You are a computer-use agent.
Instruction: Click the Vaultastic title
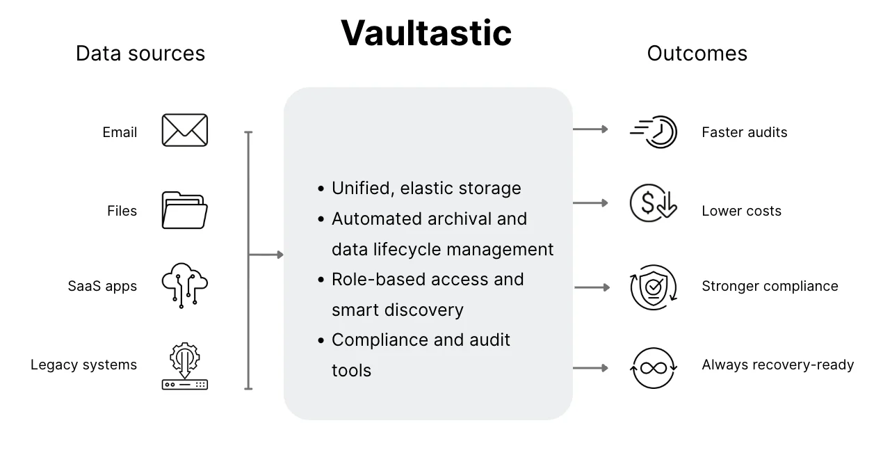pos(426,33)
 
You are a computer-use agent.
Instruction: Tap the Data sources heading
pos(140,54)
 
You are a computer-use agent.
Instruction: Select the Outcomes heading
pos(697,54)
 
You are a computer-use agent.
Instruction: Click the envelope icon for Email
pos(184,130)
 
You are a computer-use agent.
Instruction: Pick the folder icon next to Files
pos(184,210)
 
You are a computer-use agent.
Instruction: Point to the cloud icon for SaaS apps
pos(184,285)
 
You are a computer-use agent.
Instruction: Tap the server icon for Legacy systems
pos(184,365)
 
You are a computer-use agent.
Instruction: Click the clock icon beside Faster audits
pos(654,131)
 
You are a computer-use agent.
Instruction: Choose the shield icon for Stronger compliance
pos(654,287)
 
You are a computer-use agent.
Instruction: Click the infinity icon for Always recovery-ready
pos(654,368)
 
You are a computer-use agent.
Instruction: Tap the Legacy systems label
pos(83,365)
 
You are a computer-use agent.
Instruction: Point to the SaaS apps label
pos(102,286)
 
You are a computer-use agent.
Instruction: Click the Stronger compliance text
pos(770,286)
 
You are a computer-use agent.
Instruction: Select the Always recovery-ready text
pos(777,365)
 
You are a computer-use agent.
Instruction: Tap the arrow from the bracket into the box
pos(266,255)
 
